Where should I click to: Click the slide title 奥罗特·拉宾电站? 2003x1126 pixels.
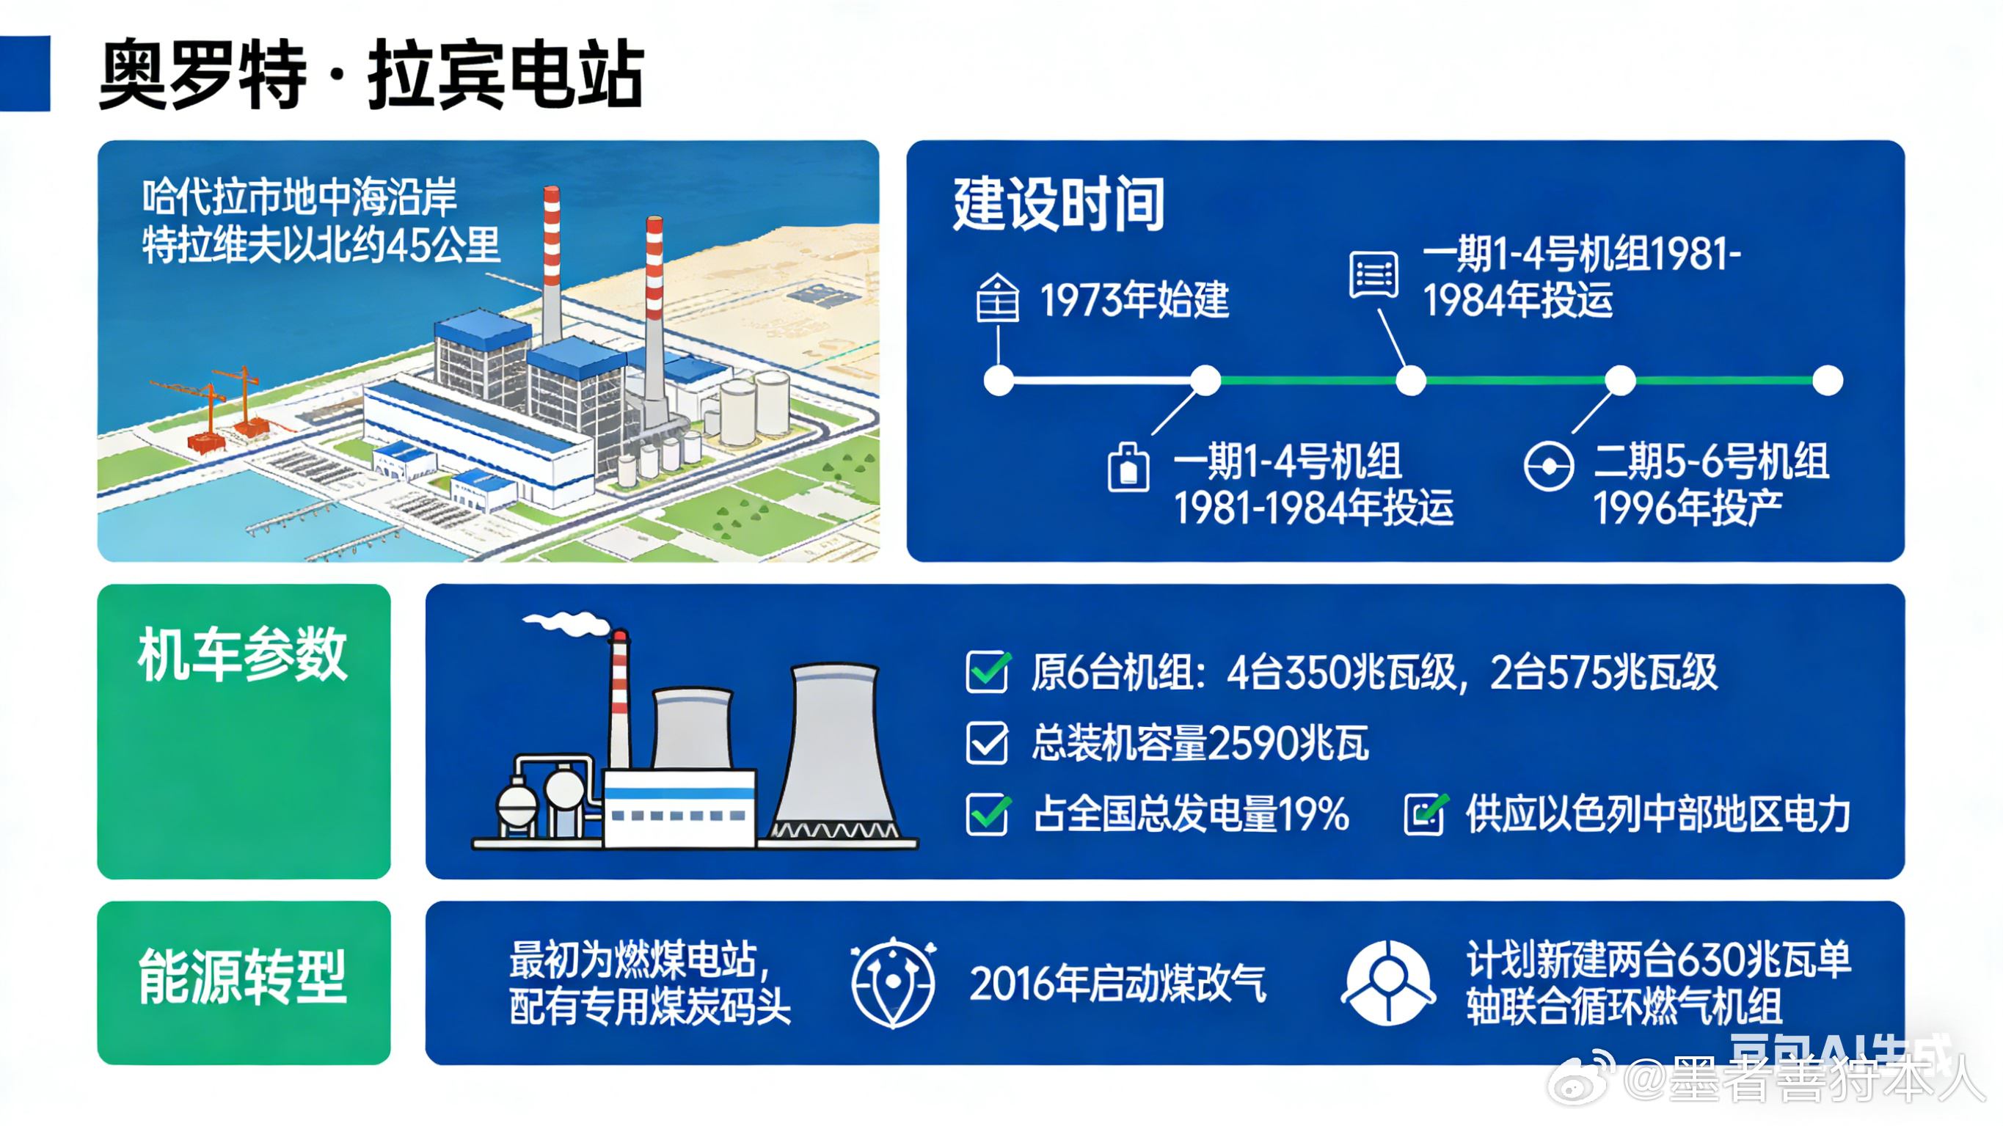(372, 75)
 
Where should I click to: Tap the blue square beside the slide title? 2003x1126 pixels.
(25, 73)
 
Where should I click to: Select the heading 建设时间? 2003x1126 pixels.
(1058, 204)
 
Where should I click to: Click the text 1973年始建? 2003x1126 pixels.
(1134, 300)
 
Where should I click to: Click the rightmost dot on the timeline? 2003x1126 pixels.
(1827, 380)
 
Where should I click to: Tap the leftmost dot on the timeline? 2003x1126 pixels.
(999, 380)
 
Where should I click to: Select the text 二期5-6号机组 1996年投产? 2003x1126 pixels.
(1710, 483)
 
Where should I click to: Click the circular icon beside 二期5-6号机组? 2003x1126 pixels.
(1548, 467)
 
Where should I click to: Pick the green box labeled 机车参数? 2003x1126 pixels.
(244, 731)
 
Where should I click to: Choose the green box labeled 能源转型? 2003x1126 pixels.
(244, 982)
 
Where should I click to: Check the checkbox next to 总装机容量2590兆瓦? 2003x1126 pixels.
(987, 742)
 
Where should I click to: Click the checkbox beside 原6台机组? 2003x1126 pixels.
(987, 671)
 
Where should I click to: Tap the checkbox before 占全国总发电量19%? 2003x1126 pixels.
(987, 814)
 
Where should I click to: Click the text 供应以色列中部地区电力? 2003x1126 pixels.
(1657, 814)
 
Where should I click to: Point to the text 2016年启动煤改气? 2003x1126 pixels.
(1117, 984)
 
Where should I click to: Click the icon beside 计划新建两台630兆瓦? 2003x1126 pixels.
(1388, 982)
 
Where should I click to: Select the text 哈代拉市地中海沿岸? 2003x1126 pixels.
(299, 196)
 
